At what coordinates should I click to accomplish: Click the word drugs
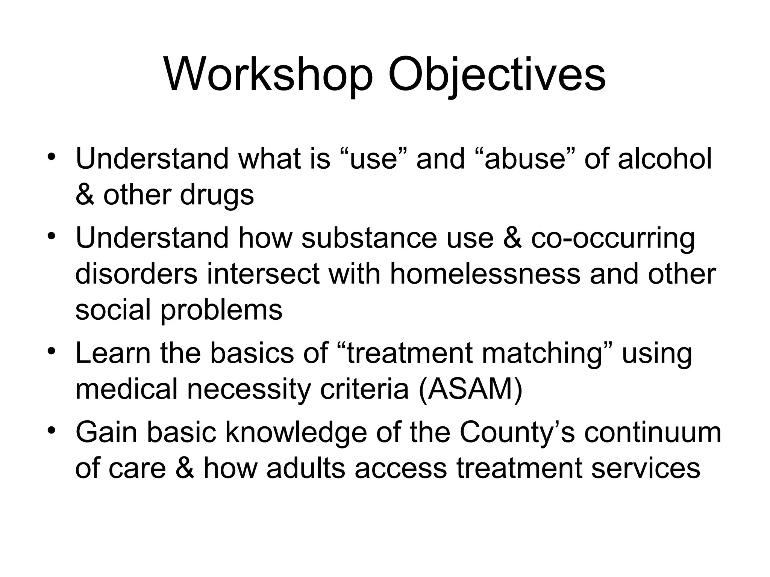click(217, 195)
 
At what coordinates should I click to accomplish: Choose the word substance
click(370, 238)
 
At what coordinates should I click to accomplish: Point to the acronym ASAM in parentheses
click(470, 390)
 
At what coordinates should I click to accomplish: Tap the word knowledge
click(296, 433)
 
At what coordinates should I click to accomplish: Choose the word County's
click(517, 433)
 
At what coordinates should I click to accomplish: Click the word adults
click(306, 469)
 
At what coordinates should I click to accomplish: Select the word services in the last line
click(646, 469)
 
